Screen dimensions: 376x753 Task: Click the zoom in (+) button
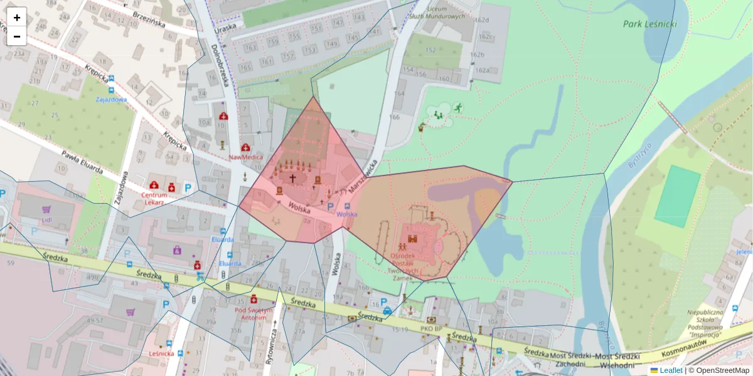tap(17, 17)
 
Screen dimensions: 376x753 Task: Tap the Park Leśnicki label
tap(651, 24)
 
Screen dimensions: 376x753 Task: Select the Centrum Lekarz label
tap(153, 199)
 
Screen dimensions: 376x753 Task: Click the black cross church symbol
tap(292, 178)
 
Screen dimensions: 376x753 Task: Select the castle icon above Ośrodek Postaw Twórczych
tap(413, 238)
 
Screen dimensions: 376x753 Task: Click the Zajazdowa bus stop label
tap(111, 99)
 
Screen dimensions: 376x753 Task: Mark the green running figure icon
tap(458, 108)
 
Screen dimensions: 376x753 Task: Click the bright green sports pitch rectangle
tap(677, 196)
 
